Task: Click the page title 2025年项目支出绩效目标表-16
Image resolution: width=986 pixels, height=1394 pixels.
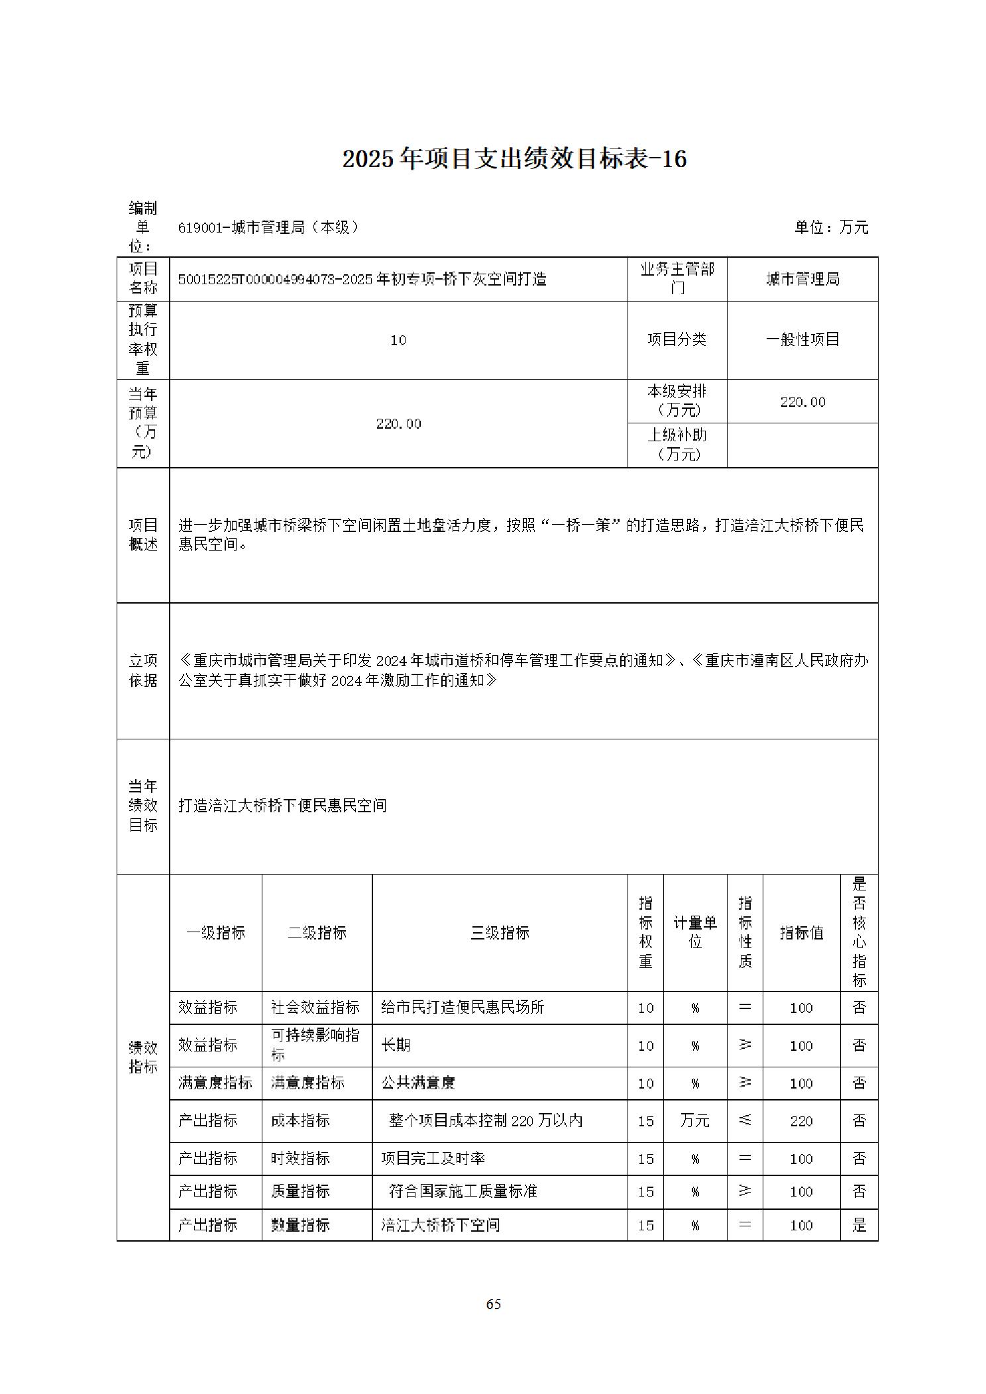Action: [x=514, y=159]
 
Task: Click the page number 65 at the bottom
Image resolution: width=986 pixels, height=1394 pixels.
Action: [x=493, y=1304]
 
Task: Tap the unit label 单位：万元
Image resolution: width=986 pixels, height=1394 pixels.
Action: [x=831, y=227]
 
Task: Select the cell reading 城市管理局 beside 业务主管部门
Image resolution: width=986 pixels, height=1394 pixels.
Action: [x=802, y=280]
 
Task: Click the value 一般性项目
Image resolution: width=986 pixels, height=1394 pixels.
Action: [x=802, y=340]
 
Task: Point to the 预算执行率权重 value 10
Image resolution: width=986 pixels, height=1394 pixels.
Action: [x=398, y=341]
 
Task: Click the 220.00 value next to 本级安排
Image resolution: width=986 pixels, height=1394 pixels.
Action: [x=802, y=402]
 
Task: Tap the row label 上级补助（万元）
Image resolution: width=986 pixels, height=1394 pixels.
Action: [x=677, y=445]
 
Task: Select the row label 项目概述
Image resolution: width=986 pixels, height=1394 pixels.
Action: [x=143, y=535]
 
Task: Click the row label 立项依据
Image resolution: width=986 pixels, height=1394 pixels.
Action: [x=143, y=670]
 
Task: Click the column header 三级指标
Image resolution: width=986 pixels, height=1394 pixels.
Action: [x=500, y=933]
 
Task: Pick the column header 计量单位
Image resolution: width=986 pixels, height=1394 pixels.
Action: [x=695, y=932]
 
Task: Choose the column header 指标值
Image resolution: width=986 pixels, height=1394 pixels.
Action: [x=801, y=933]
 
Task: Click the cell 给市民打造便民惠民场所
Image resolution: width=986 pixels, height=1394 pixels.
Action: [x=463, y=1007]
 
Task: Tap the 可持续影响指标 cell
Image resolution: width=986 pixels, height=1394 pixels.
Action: [x=315, y=1045]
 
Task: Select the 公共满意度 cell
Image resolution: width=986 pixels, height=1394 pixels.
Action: [x=418, y=1083]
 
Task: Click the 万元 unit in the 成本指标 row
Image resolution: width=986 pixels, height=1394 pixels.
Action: [x=695, y=1120]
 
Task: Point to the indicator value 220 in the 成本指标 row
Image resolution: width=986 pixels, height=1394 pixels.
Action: [x=801, y=1121]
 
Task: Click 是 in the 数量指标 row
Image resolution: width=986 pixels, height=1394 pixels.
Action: [x=859, y=1225]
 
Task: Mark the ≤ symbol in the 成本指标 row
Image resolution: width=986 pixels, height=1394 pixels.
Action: [x=745, y=1120]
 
